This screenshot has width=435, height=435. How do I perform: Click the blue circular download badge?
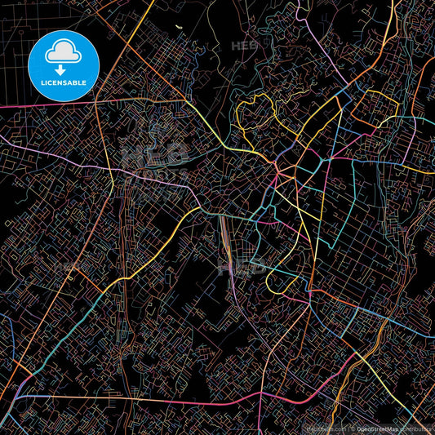(x=64, y=65)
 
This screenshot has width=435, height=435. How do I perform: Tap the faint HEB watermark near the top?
(x=245, y=46)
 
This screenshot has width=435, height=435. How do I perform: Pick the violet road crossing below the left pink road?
(x=49, y=156)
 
